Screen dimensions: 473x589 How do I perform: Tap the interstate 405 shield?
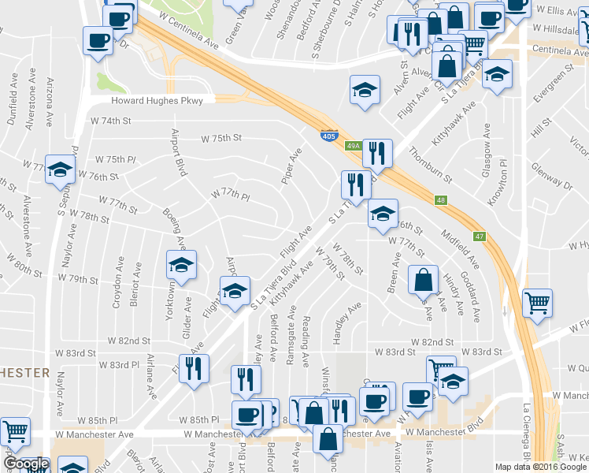(331, 136)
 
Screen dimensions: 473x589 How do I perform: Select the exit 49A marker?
(354, 146)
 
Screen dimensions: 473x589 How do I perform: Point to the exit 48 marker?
(441, 201)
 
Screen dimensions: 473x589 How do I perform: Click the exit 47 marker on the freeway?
(480, 236)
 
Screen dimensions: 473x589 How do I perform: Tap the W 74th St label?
(109, 121)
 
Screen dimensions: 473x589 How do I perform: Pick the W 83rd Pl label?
(119, 365)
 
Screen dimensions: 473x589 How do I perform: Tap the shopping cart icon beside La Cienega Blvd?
(537, 301)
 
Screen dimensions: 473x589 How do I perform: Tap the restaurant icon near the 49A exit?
(377, 152)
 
